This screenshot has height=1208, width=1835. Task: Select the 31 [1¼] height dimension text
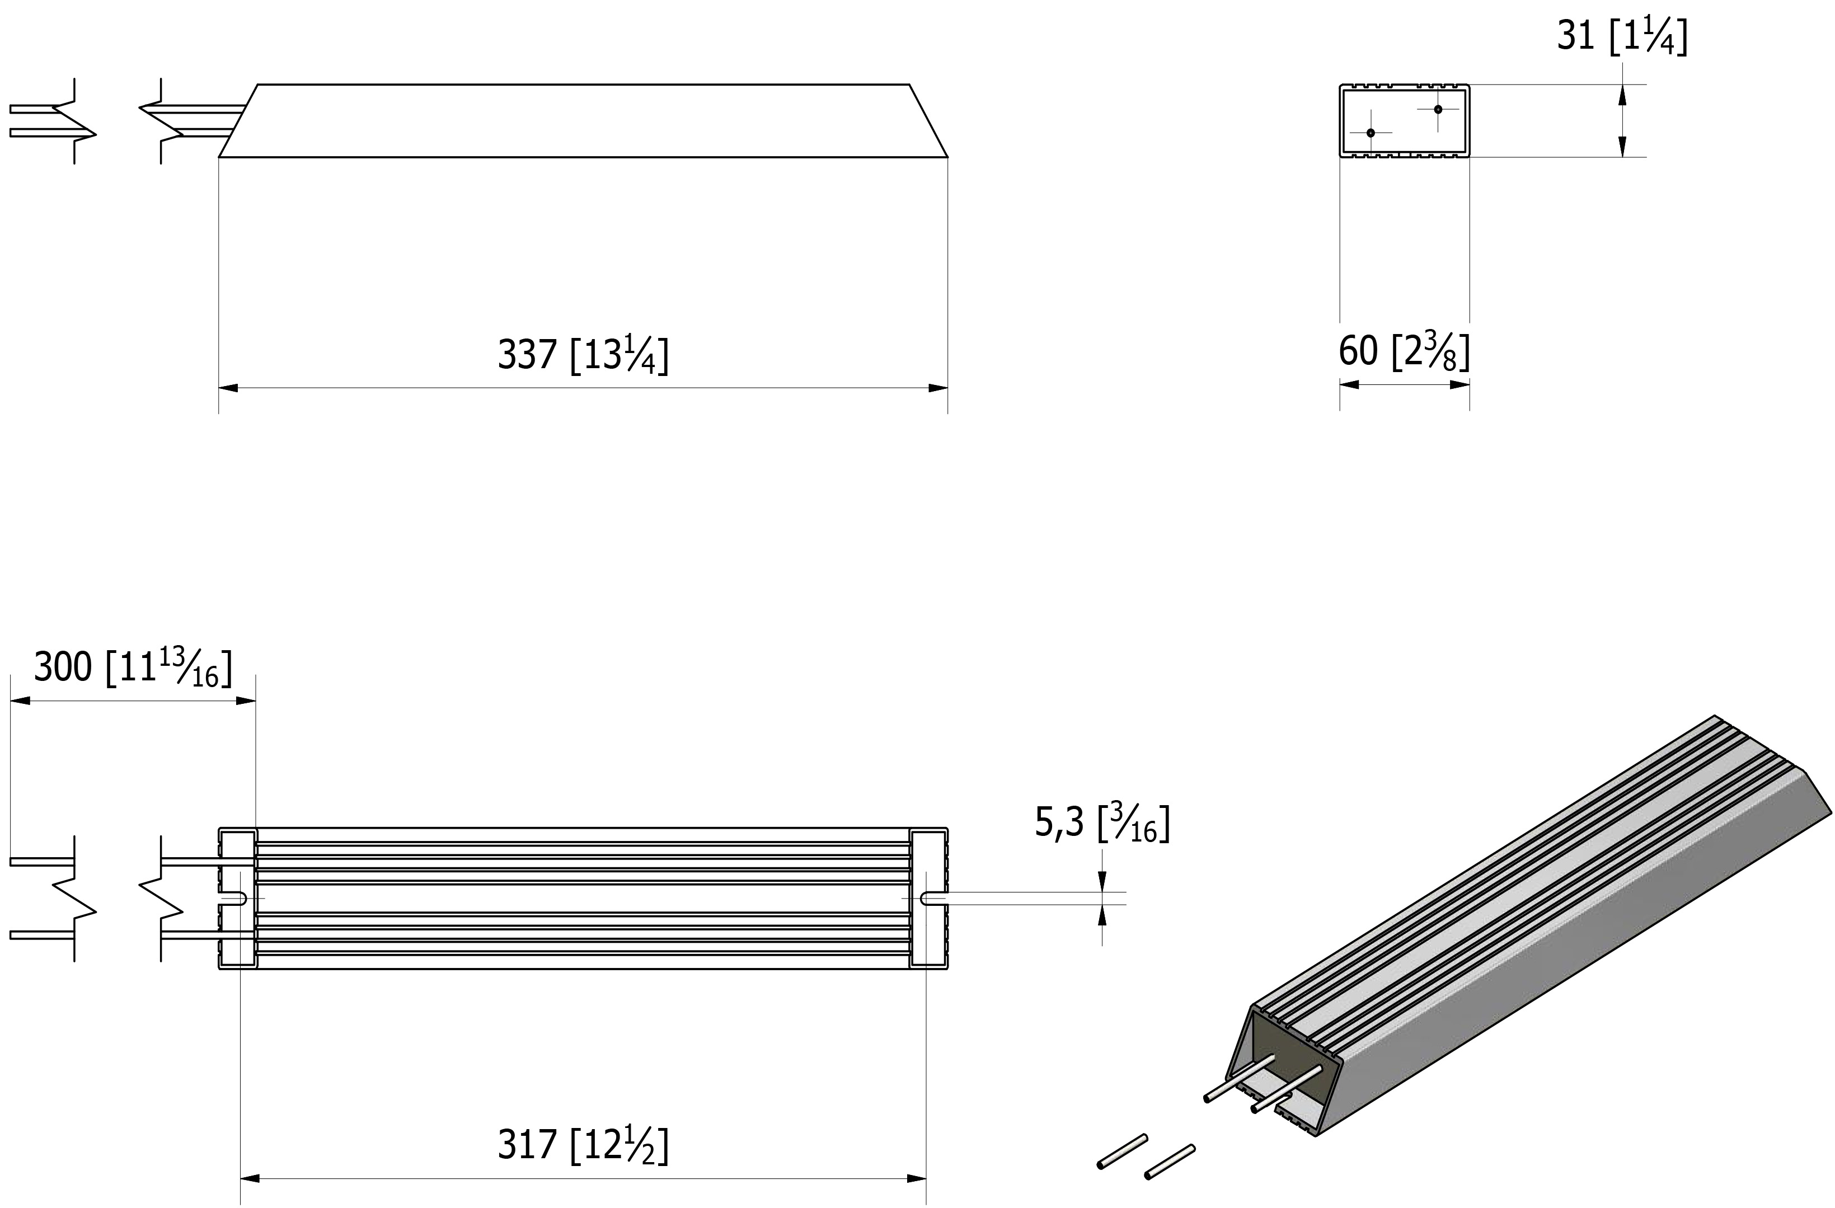pyautogui.click(x=1622, y=35)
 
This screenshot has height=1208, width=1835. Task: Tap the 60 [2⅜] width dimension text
pyautogui.click(x=1404, y=351)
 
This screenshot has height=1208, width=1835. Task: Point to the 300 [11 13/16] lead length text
pyautogui.click(x=133, y=667)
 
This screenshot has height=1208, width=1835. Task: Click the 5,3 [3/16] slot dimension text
pyautogui.click(x=1102, y=822)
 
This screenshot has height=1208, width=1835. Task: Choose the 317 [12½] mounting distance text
pyautogui.click(x=583, y=1145)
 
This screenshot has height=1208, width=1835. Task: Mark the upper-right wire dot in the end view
pyautogui.click(x=1438, y=110)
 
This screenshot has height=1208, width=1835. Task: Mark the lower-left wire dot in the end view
pyautogui.click(x=1370, y=133)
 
